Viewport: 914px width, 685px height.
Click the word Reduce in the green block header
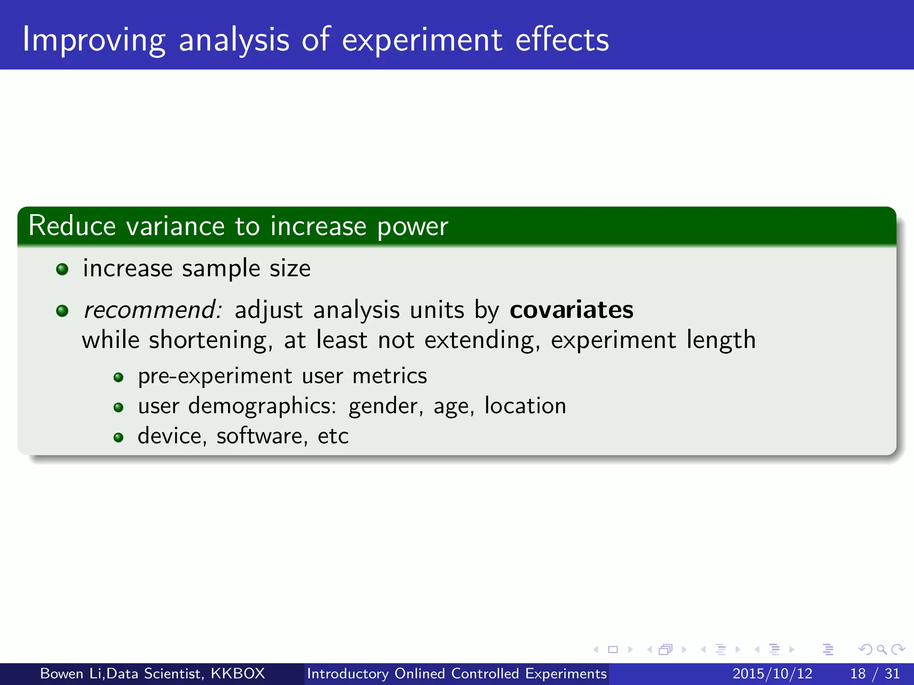(72, 226)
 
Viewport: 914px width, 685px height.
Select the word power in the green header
(412, 227)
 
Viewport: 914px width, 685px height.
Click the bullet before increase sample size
(62, 269)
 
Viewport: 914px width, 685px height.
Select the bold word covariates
(571, 309)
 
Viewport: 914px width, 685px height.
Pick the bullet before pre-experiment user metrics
(118, 378)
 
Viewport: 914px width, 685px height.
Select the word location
(525, 406)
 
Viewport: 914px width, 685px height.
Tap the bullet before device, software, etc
(118, 437)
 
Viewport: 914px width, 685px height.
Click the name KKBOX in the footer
(238, 673)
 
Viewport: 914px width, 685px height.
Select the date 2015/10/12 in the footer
(772, 673)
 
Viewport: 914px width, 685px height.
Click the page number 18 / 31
(875, 673)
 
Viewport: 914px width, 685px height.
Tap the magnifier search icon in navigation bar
(881, 649)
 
